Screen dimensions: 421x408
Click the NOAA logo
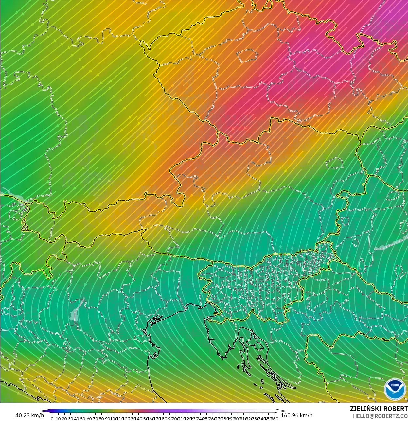click(394, 389)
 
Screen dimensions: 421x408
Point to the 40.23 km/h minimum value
click(29, 415)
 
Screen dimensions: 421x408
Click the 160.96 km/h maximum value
click(296, 415)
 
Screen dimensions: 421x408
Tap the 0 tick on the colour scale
click(52, 419)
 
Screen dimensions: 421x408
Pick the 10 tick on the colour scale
click(58, 419)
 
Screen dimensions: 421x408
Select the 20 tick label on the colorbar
click(64, 419)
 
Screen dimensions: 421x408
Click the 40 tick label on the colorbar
click(77, 419)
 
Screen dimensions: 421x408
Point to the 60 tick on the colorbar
click(89, 419)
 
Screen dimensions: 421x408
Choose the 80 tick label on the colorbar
click(101, 419)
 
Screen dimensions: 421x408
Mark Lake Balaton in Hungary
click(391, 244)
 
